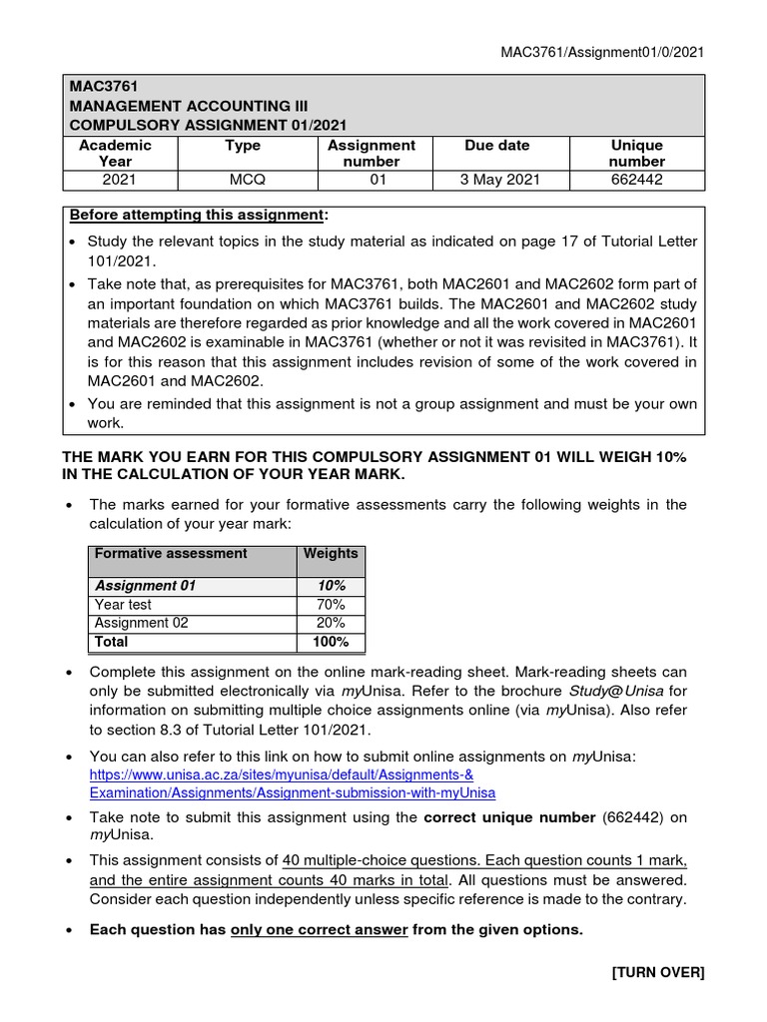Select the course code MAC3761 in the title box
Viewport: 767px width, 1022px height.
[x=98, y=88]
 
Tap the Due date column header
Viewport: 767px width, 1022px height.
[x=497, y=146]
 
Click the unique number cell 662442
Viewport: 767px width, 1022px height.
[x=636, y=180]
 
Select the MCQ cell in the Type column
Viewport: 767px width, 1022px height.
[x=243, y=180]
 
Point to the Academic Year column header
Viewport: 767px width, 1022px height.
[x=115, y=153]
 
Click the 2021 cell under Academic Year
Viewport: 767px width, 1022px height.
[x=115, y=180]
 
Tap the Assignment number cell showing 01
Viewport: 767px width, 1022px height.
[x=371, y=180]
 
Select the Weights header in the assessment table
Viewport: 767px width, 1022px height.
[x=330, y=553]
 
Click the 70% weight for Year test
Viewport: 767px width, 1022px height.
[x=330, y=605]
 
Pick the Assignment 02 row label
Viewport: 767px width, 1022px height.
[x=141, y=623]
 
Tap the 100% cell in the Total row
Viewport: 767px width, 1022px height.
[x=330, y=642]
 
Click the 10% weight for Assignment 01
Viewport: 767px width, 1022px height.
[x=330, y=586]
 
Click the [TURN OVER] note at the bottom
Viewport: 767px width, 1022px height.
[x=658, y=973]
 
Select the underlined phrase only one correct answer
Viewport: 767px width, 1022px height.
[x=319, y=929]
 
